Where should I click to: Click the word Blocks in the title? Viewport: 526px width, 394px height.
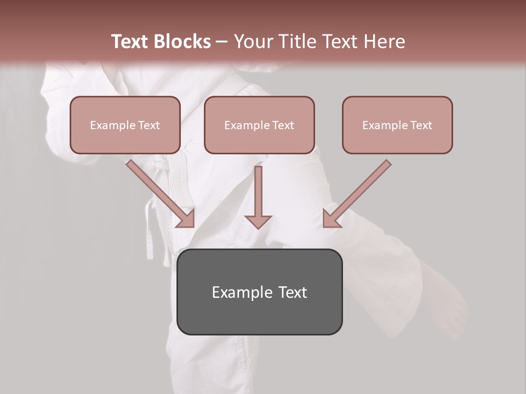183,42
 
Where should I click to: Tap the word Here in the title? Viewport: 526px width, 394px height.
383,42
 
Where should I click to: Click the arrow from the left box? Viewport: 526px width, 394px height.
161,194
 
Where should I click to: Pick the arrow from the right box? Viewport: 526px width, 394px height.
357,194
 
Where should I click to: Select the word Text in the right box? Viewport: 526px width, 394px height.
421,125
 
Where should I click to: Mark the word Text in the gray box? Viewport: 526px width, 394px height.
293,292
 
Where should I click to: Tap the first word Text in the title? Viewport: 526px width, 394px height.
130,42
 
